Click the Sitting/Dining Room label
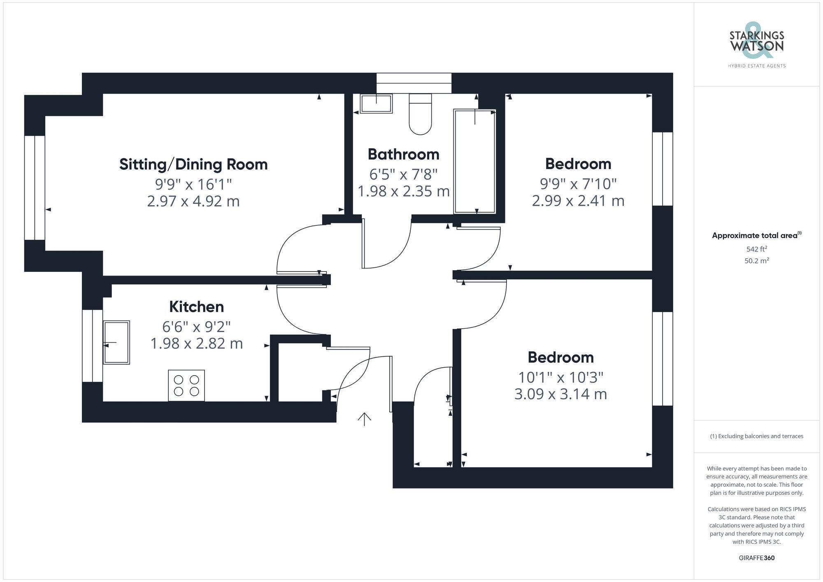click(x=193, y=165)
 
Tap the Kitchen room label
click(x=196, y=307)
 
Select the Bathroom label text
click(x=403, y=155)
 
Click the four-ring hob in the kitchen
click(x=186, y=385)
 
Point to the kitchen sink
click(x=116, y=342)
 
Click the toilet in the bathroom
click(x=420, y=115)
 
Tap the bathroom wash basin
click(x=376, y=104)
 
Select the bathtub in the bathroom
click(x=474, y=161)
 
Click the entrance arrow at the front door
click(x=364, y=419)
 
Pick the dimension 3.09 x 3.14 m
click(x=560, y=394)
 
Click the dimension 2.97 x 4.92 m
click(x=193, y=201)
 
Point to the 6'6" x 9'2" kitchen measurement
click(x=196, y=327)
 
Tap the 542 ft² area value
click(x=756, y=249)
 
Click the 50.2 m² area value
click(x=756, y=261)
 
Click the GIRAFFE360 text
click(x=756, y=558)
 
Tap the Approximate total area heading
click(x=756, y=236)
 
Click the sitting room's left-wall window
click(x=35, y=188)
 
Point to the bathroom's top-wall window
click(x=414, y=83)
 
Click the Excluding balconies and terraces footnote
click(x=756, y=436)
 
